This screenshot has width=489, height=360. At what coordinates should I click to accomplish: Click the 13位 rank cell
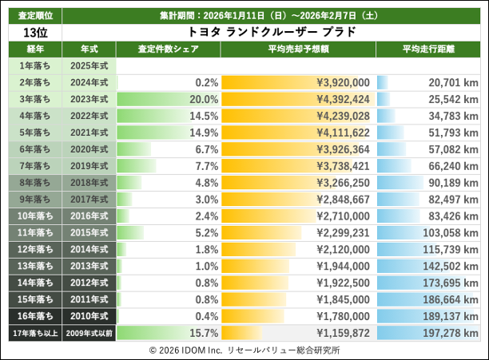point(31,33)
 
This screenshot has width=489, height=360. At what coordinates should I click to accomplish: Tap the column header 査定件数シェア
point(168,49)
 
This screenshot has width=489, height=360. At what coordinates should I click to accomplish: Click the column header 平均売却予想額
point(297,49)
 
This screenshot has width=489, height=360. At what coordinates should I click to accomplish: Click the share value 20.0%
point(204,100)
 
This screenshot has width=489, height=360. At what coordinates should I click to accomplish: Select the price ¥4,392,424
point(343,100)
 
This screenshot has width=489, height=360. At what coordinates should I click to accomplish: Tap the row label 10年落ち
point(31,216)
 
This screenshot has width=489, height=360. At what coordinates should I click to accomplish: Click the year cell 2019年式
point(89,166)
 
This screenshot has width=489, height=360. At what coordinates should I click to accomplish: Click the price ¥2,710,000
point(343,216)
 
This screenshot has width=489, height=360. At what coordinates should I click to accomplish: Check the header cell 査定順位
point(31,15)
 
